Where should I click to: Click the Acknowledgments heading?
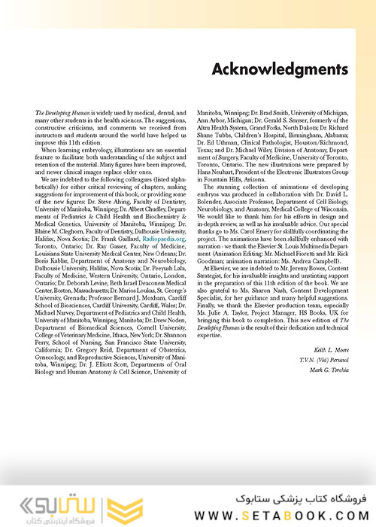[x=280, y=70]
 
